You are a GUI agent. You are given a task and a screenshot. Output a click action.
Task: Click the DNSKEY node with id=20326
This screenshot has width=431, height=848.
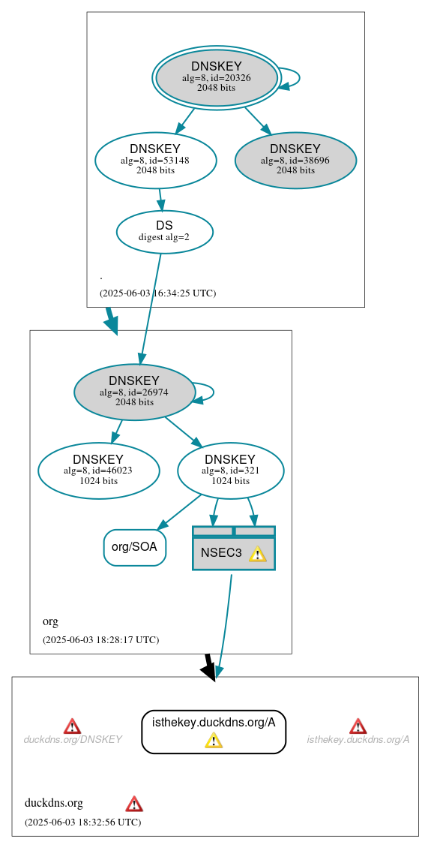point(216,78)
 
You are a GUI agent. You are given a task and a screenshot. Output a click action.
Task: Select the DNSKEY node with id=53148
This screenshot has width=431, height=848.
point(156,160)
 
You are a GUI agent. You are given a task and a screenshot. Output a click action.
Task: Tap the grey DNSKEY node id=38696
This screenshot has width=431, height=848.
point(295,160)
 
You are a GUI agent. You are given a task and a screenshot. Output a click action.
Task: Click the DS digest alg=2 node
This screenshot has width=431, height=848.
point(164,231)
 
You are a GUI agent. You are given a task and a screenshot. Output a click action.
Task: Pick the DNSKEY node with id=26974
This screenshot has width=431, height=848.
point(134,392)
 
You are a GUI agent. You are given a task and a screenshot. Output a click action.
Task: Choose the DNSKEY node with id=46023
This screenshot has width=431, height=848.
point(98,471)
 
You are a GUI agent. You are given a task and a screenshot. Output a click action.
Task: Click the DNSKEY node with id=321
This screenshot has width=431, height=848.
point(230,471)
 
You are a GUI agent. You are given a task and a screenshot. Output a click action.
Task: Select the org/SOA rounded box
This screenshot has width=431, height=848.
point(134,547)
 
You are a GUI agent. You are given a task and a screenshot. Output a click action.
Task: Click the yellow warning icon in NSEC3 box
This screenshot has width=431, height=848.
point(257,555)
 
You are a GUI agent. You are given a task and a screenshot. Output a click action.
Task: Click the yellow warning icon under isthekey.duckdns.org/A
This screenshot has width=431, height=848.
point(214,741)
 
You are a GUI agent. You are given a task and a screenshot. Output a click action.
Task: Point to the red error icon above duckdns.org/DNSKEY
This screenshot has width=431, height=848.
point(72,726)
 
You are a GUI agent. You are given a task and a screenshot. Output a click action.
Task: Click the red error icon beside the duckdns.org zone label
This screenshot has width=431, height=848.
point(134,804)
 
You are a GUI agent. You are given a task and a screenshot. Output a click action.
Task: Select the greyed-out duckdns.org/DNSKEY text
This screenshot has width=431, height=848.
point(73,740)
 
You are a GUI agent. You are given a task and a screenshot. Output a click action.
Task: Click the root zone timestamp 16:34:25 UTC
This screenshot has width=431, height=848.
point(157,293)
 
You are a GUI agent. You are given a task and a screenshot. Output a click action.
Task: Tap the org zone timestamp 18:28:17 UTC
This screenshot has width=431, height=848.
point(100,640)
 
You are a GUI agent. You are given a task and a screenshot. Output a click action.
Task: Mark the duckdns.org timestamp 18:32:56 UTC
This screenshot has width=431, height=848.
point(82,822)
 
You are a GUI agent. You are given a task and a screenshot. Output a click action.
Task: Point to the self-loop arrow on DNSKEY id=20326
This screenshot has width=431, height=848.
point(292,78)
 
